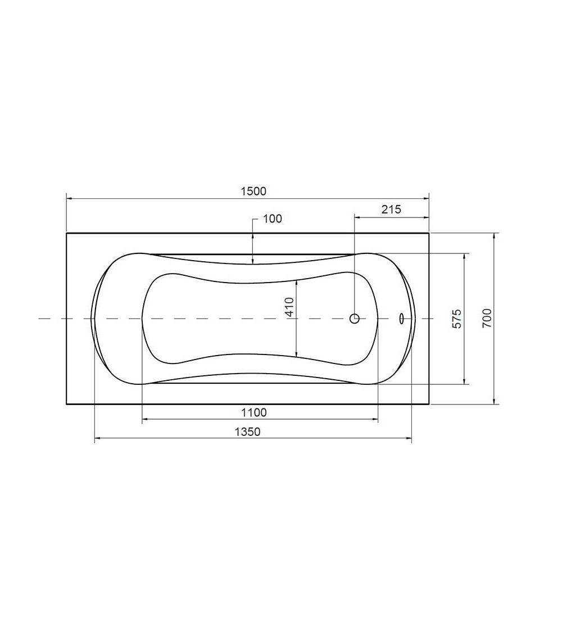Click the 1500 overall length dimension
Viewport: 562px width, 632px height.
(253, 191)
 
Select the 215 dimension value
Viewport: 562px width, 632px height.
(391, 210)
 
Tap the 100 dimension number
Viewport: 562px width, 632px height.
(272, 219)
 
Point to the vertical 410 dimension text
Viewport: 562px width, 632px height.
(289, 308)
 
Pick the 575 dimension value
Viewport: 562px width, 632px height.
(457, 319)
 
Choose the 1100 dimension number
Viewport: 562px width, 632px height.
(253, 413)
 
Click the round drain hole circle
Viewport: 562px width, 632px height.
(355, 319)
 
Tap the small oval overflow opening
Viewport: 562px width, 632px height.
(401, 319)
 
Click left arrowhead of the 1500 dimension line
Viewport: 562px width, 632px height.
(69, 198)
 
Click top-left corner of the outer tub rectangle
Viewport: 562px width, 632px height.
(67, 233)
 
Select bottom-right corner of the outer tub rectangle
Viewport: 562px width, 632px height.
(429, 404)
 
